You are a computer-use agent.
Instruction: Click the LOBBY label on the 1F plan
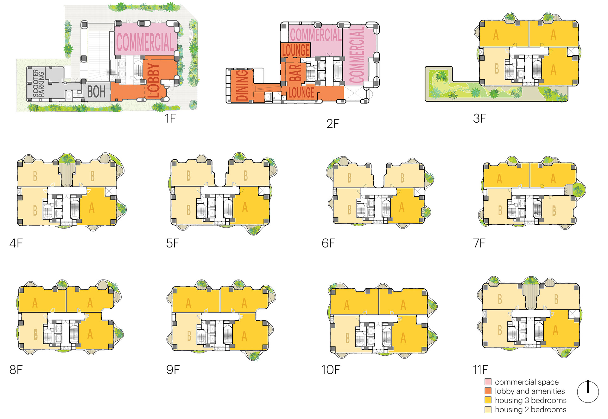point(154,81)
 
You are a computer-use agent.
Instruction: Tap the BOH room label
point(97,92)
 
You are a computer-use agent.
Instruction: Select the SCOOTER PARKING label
point(38,83)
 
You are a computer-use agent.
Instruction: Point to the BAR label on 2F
point(295,73)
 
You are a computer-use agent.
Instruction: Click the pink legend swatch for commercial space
point(488,382)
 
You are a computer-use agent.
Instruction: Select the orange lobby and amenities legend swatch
point(488,391)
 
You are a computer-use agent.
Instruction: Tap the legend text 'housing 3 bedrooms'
point(531,400)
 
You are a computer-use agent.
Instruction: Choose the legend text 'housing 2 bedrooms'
point(531,409)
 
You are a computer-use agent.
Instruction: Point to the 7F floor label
point(479,243)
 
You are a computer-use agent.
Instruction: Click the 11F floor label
point(480,370)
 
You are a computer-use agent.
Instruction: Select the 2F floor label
point(333,124)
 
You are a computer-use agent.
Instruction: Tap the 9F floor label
point(173,370)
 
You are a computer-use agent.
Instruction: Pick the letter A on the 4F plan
point(92,208)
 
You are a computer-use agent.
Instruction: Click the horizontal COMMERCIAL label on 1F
point(145,42)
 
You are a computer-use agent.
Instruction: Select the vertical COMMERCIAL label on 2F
point(357,55)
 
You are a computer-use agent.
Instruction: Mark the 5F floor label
point(173,243)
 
